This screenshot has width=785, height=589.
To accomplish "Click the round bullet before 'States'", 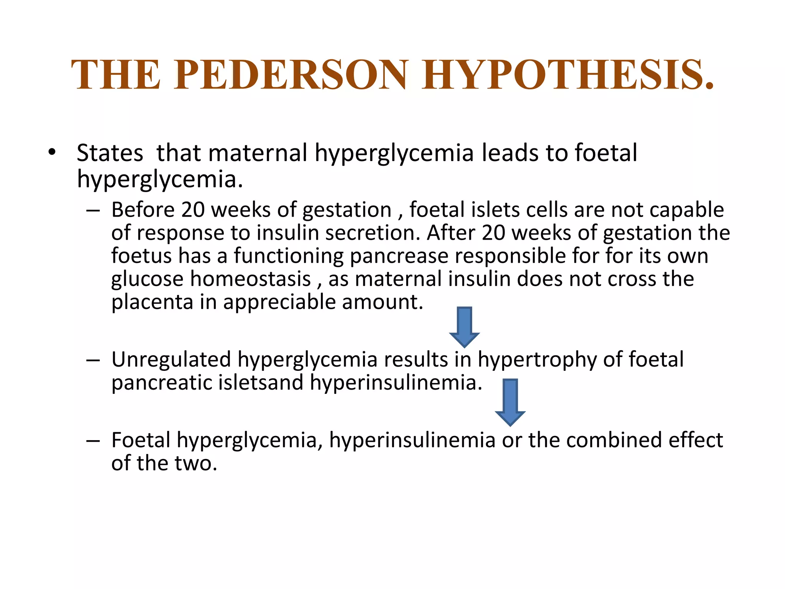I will [x=52, y=153].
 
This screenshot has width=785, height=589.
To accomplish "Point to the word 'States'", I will [x=110, y=153].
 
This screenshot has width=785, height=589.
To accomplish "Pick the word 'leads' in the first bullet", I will [x=510, y=153].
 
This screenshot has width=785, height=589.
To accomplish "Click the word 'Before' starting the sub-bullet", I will [x=143, y=210].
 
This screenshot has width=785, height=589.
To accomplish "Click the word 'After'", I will [x=451, y=233].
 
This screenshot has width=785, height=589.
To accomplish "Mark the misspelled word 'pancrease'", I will [x=399, y=256].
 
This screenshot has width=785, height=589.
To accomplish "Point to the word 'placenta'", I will [x=152, y=303].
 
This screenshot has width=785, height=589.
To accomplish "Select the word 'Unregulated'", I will [x=171, y=360].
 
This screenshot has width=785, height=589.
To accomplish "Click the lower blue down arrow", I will [x=510, y=402].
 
